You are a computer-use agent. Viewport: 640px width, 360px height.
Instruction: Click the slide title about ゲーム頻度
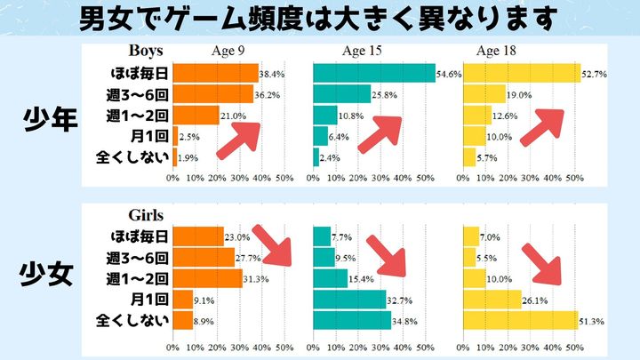(320, 18)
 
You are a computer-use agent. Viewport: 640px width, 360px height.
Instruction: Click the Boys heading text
(146, 51)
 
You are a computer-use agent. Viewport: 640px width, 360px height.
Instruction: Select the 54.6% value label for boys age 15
(449, 74)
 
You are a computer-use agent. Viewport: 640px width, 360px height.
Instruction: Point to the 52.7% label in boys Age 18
(594, 74)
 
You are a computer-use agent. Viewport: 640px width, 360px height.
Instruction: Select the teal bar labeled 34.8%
(352, 320)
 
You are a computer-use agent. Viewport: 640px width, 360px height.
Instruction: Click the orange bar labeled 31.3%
(207, 279)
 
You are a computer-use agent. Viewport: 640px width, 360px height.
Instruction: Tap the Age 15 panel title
(363, 51)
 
